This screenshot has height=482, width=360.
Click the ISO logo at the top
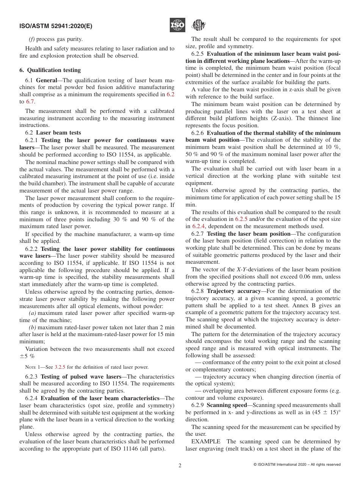pos(177,25)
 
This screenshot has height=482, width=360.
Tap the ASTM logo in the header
pos(198,25)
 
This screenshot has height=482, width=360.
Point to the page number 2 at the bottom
pos(180,465)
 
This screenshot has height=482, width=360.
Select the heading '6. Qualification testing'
pos(50,70)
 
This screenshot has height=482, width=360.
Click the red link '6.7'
pos(30,102)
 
